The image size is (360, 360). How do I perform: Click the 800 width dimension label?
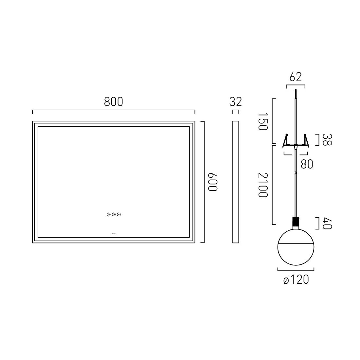tap(114, 102)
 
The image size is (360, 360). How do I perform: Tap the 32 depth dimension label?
tap(235, 102)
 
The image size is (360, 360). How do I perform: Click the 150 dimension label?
tap(262, 121)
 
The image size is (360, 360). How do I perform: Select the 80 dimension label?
tap(307, 164)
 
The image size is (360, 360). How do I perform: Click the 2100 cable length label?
tap(262, 185)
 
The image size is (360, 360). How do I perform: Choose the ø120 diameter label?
tap(296, 280)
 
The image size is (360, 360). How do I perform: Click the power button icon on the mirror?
tap(108, 215)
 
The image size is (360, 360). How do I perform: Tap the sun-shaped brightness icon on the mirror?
tap(114, 215)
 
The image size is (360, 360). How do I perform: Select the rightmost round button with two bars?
tap(119, 215)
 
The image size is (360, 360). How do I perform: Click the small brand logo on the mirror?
tap(114, 234)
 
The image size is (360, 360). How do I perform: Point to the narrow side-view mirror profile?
tap(235, 182)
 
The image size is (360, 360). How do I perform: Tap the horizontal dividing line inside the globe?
tap(296, 244)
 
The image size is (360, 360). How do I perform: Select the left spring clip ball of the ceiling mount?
tap(287, 135)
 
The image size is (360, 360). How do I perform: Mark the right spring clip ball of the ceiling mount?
tap(305, 135)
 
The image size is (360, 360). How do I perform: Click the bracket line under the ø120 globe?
tap(296, 270)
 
